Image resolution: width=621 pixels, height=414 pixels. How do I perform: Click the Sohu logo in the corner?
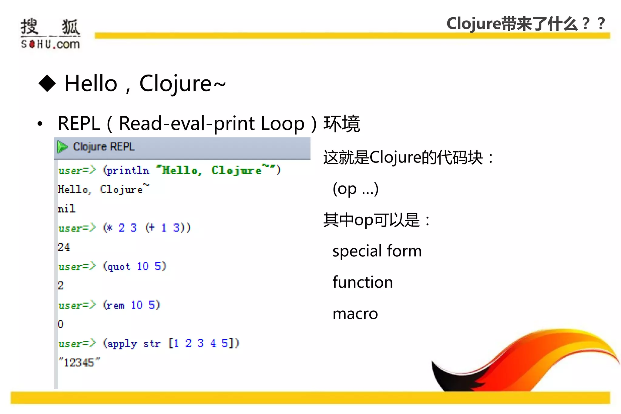(50, 33)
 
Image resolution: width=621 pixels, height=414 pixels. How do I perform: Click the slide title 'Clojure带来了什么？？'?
(526, 24)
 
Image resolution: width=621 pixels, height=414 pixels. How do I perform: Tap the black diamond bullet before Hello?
(47, 83)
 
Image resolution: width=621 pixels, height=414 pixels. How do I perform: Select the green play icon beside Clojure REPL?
(62, 147)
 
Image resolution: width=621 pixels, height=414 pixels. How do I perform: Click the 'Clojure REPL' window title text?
(104, 147)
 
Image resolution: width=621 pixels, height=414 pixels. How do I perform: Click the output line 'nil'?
(66, 209)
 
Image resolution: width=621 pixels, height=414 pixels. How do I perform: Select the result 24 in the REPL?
(64, 247)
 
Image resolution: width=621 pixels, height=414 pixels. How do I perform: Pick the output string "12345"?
(79, 362)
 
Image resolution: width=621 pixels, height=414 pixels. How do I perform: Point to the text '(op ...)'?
(355, 189)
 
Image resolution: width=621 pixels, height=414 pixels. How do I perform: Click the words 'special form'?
(377, 251)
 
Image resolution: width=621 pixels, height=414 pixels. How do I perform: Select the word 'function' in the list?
(363, 282)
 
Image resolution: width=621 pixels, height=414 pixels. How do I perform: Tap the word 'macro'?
(355, 314)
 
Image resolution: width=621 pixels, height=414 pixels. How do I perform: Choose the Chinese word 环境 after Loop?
(342, 124)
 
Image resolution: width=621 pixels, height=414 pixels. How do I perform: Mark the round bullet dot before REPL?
(40, 124)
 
